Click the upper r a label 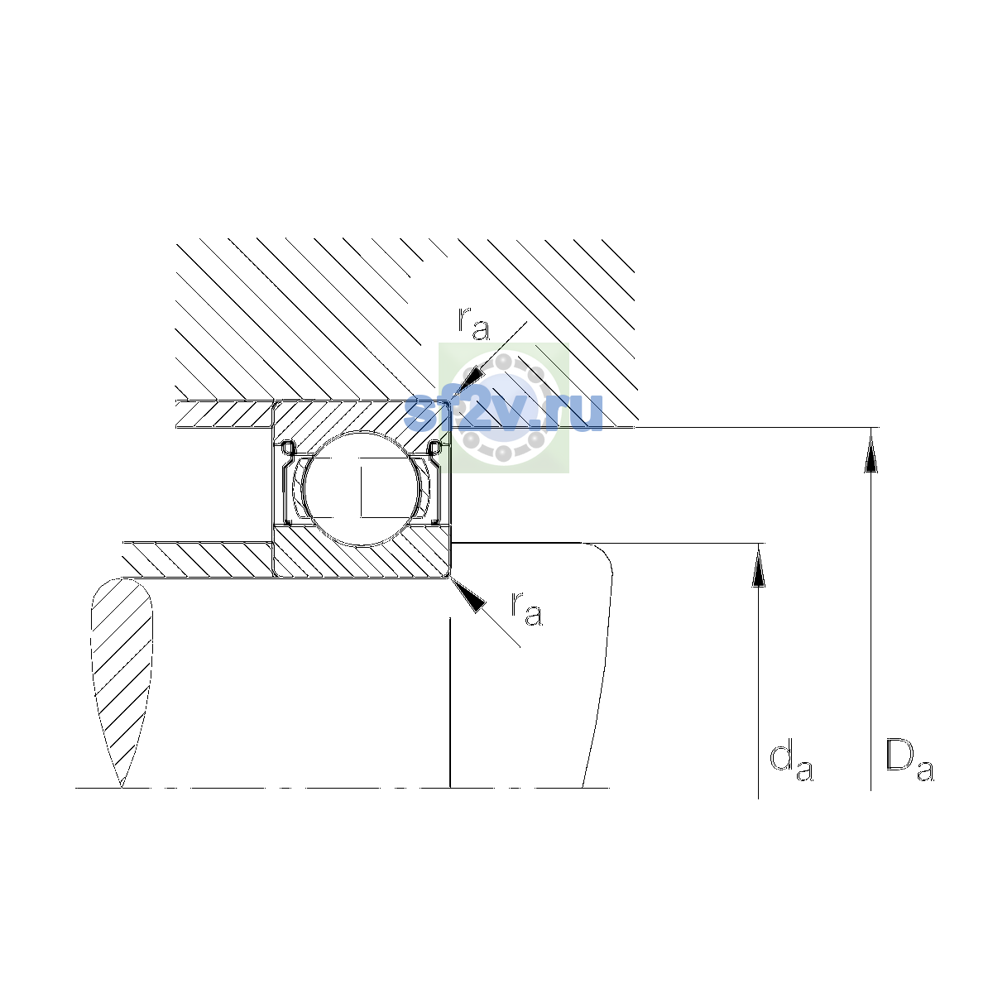point(473,323)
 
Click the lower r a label point(526,608)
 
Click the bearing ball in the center point(362,488)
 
